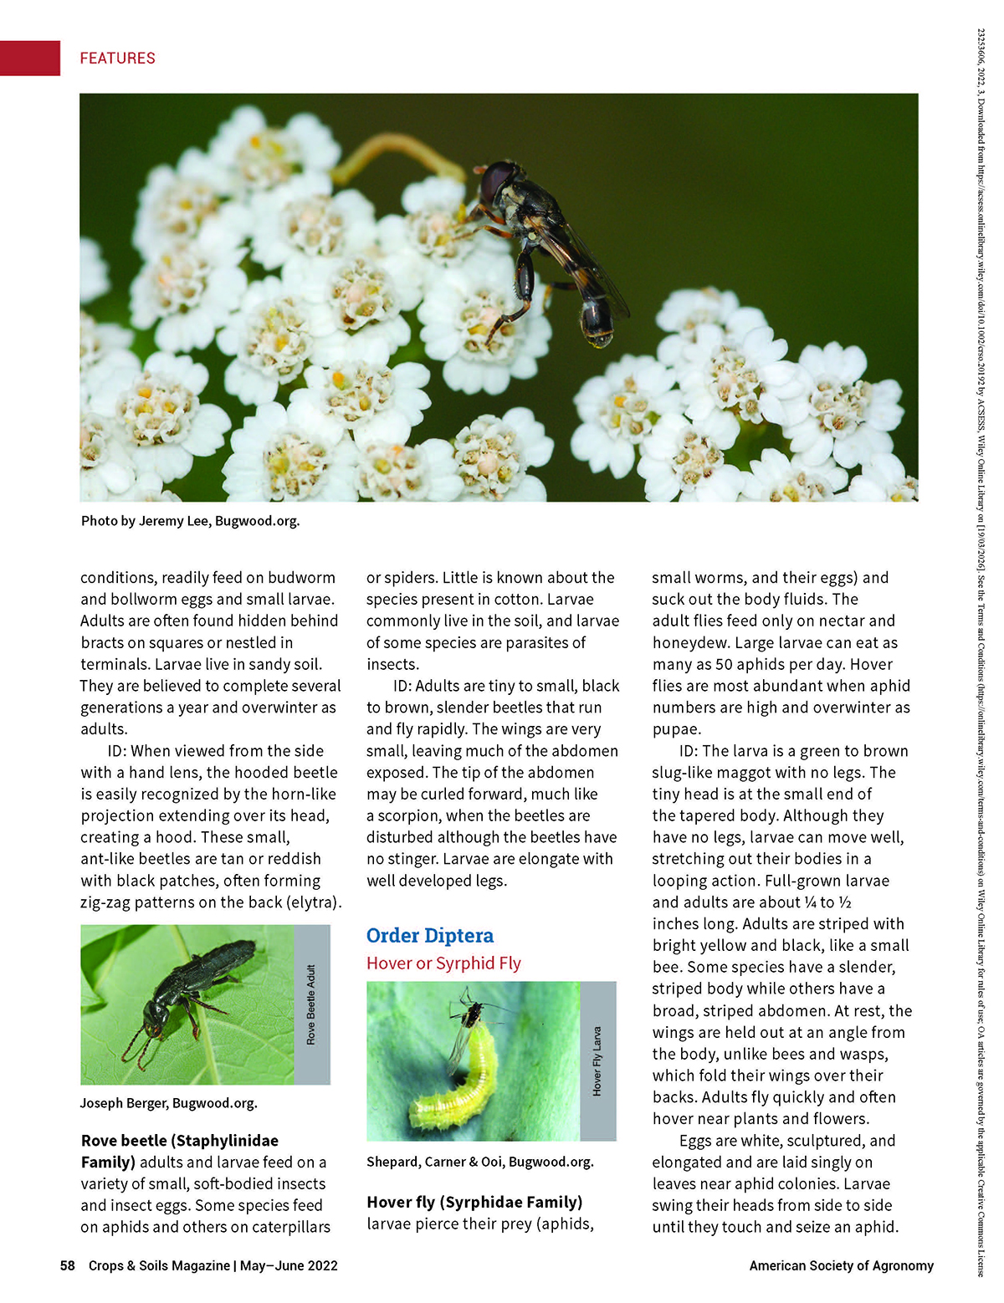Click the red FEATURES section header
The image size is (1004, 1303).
click(117, 58)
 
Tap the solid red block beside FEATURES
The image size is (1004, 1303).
click(30, 58)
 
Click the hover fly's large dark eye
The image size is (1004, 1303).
click(495, 178)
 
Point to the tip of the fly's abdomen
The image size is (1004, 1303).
click(600, 337)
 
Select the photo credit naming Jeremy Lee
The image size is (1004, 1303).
click(190, 521)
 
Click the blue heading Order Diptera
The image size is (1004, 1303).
click(430, 935)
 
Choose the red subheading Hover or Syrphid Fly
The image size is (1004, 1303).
click(443, 963)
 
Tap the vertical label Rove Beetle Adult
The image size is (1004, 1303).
click(312, 1004)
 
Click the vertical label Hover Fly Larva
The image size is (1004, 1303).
click(597, 1060)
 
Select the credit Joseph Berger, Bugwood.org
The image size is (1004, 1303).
click(169, 1103)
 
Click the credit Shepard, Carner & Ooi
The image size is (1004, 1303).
click(479, 1162)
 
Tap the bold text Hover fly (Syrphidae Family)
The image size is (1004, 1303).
click(474, 1203)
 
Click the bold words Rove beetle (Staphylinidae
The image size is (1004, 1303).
click(180, 1141)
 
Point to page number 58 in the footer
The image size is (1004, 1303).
click(68, 1265)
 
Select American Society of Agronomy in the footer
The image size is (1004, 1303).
click(841, 1265)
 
